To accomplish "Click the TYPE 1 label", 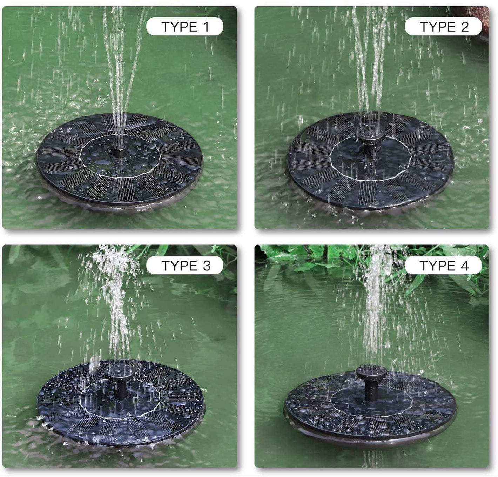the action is point(185,27).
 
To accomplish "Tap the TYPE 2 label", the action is point(443,27).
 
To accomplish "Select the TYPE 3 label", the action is point(185,266).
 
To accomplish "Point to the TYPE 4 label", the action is point(443,266).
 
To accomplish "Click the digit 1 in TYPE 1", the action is point(206,27).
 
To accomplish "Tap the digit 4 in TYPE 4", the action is point(464,266).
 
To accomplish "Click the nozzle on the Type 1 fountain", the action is point(119,153).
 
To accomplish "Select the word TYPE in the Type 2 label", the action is point(436,27).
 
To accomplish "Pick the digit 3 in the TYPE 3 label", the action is point(207,266).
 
